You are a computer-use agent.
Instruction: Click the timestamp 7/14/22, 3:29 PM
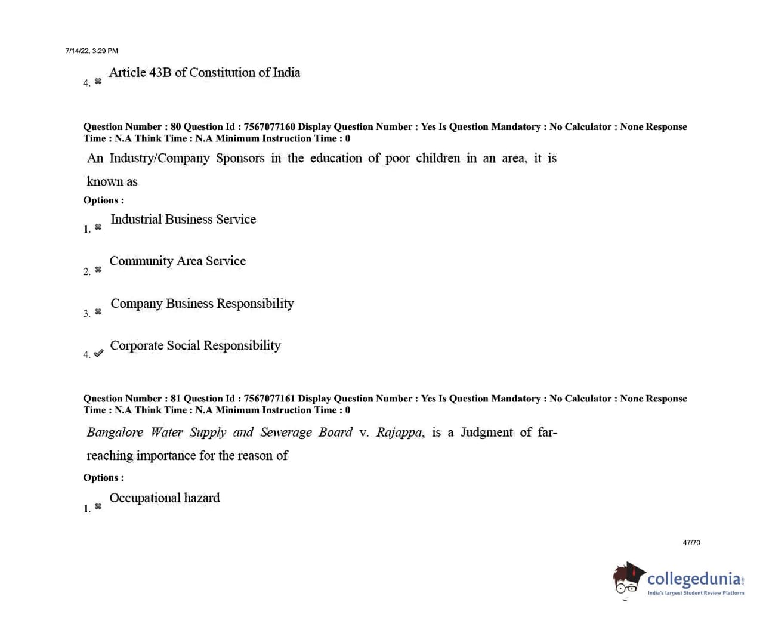91,51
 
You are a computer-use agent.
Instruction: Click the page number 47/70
691,542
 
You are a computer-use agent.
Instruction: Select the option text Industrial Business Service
183,220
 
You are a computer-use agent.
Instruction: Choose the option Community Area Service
177,261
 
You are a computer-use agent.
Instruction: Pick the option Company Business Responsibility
202,304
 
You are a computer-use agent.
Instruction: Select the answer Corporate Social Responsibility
195,345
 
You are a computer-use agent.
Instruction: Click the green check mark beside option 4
98,353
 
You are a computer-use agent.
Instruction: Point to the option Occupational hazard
164,498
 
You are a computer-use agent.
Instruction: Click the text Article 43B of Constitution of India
204,73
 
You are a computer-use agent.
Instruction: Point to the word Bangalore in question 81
115,433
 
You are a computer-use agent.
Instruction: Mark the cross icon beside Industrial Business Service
98,227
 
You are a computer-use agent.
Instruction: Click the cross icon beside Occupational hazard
98,506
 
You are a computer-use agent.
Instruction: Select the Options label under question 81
103,478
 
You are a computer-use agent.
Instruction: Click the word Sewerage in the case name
286,433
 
